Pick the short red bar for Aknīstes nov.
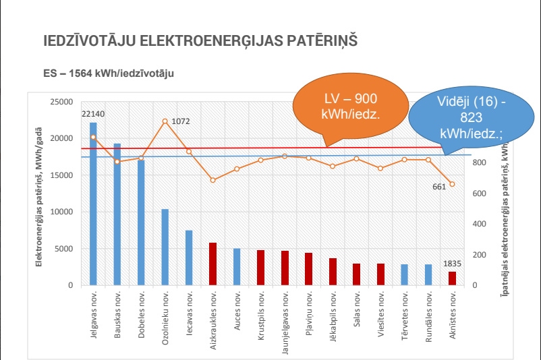tap(452, 278)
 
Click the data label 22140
tap(93, 115)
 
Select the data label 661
tap(440, 187)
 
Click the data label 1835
tap(451, 264)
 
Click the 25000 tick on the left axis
tap(63, 102)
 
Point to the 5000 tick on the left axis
tap(65, 249)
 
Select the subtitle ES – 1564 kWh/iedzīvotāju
tap(108, 73)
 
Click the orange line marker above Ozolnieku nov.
tap(165, 121)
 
